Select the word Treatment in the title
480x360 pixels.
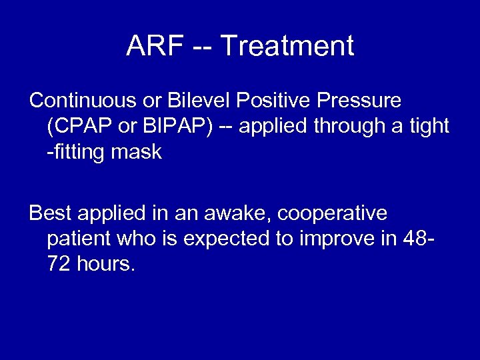[x=287, y=47]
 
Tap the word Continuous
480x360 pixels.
[x=81, y=101]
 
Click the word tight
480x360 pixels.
[x=427, y=126]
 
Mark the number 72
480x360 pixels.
[x=59, y=265]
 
